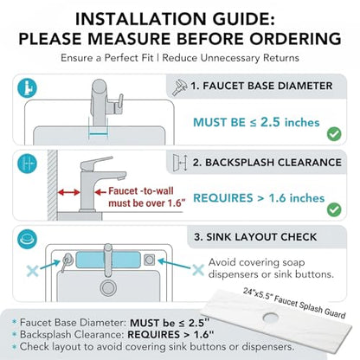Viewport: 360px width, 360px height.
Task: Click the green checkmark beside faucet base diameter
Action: [334, 134]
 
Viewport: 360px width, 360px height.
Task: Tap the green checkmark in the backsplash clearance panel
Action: [334, 209]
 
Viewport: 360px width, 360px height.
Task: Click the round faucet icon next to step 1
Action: [27, 87]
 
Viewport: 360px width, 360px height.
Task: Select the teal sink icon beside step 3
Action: [27, 239]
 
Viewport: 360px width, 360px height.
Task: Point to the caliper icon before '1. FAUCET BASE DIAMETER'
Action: [179, 87]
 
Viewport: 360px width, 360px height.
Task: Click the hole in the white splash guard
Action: [271, 317]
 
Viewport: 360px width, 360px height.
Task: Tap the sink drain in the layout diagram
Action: [108, 287]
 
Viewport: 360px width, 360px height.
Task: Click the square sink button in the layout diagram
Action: [149, 260]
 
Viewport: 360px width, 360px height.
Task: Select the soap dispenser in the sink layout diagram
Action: [66, 261]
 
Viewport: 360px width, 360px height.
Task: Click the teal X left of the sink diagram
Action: [32, 271]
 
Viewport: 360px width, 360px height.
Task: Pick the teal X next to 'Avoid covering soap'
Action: [198, 270]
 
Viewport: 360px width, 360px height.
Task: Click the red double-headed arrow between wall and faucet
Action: [68, 192]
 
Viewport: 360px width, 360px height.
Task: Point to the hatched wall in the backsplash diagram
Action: [52, 185]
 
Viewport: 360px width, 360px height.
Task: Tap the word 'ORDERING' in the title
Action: [295, 39]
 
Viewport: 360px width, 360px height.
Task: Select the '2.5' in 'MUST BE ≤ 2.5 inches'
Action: [270, 122]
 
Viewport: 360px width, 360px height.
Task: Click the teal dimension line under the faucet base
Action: [99, 133]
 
